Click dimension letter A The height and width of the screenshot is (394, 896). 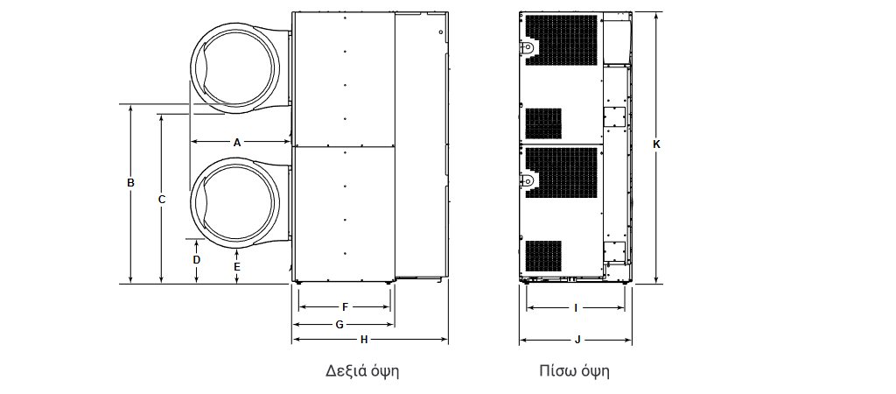237,143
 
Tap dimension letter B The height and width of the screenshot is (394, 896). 131,183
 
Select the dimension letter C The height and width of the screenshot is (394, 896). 162,200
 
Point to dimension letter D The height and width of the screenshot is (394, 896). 197,260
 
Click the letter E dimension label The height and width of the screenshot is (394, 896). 237,266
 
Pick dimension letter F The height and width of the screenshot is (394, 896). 345,307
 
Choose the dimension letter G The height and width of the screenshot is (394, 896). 339,325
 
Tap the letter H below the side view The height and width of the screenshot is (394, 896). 364,340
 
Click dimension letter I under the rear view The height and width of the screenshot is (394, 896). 576,308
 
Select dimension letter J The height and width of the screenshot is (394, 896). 577,341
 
